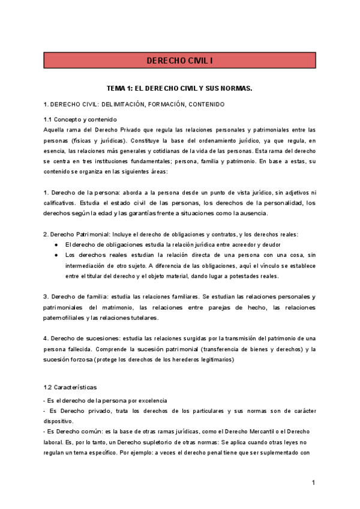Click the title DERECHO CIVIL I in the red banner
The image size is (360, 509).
coord(180,61)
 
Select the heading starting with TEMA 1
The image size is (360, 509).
coord(179,88)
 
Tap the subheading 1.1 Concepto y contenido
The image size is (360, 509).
coord(80,119)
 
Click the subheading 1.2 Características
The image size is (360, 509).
coord(70,387)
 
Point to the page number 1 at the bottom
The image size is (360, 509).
coord(313,483)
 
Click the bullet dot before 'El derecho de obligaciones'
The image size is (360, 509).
coord(56,244)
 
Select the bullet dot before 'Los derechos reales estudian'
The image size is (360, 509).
coord(56,254)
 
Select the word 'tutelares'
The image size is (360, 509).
coord(142,318)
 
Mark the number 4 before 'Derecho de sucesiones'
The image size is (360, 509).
coord(46,339)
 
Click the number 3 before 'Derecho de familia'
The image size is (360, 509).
coord(46,297)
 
